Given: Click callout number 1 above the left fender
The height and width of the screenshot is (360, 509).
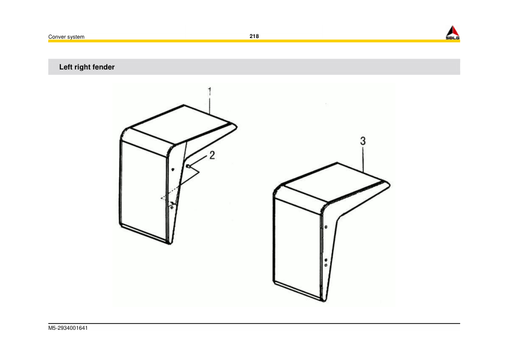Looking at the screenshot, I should tap(210, 92).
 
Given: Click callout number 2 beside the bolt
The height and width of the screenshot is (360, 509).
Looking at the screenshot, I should tap(212, 155).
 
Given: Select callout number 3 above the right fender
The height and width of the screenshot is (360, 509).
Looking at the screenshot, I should tap(363, 141).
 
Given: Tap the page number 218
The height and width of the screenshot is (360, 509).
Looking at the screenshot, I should tap(254, 36).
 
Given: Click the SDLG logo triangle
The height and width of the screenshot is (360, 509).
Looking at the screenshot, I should tap(453, 31).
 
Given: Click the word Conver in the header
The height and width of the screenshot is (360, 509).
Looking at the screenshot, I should tap(57, 37).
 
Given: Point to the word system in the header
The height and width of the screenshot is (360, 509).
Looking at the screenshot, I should tap(76, 37).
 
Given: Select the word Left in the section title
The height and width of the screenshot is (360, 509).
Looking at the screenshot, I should tap(66, 67).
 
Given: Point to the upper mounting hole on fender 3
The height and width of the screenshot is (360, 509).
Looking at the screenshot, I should tap(326, 227).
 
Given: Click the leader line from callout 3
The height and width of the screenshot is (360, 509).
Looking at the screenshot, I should tap(363, 157).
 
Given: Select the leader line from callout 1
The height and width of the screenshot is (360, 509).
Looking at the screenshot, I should tap(210, 106).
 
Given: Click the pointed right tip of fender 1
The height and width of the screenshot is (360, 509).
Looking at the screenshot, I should tap(236, 126).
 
